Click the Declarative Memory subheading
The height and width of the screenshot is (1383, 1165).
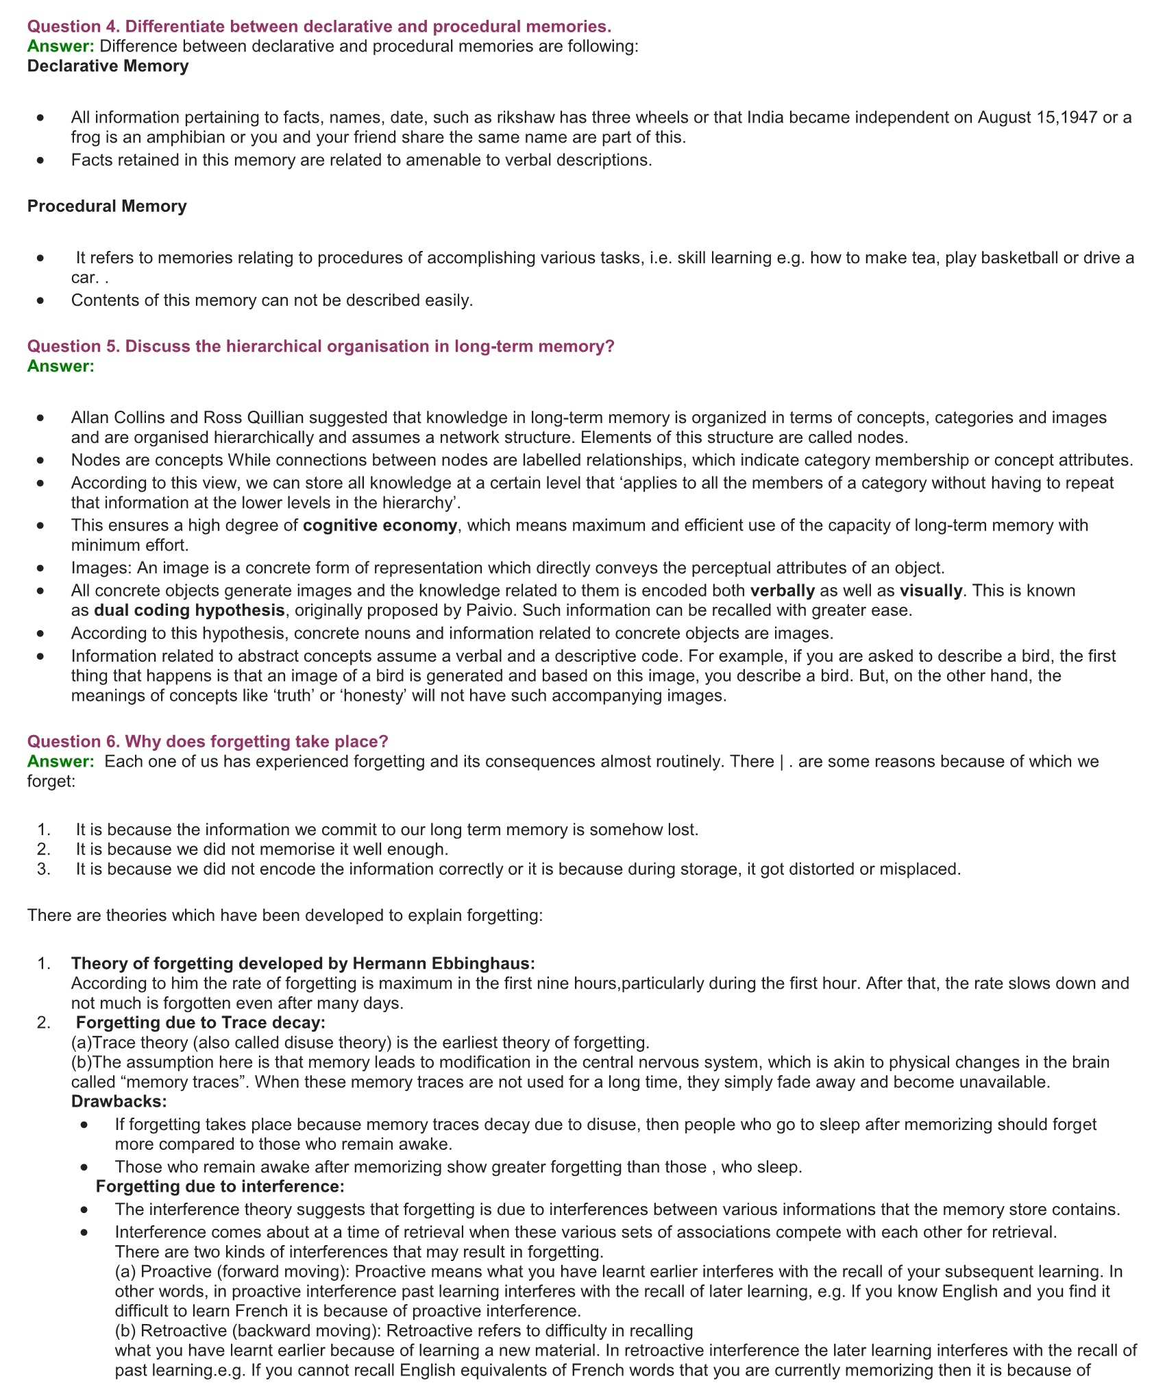[108, 67]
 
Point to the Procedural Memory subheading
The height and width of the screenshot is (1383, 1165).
[107, 206]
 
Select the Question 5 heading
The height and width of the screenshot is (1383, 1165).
[321, 346]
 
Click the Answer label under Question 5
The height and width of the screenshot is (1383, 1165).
[60, 366]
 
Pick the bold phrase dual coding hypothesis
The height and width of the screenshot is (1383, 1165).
[189, 610]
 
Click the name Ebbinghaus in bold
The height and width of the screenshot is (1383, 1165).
[481, 963]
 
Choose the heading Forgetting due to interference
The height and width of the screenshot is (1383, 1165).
[220, 1187]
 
